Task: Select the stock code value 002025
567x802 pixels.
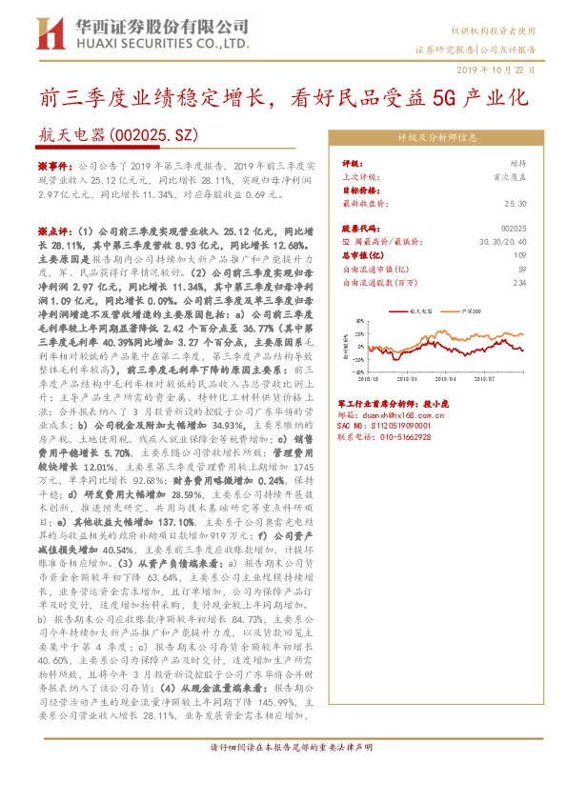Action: (x=513, y=230)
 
